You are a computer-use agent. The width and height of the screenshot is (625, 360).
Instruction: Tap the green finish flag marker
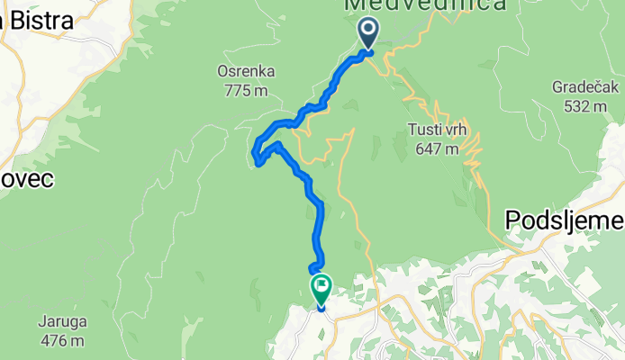[322, 289]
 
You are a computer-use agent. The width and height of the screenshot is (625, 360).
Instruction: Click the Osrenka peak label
[246, 72]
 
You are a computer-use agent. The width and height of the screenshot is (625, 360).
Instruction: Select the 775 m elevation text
[246, 90]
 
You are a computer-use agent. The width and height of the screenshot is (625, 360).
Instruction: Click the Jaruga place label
[62, 322]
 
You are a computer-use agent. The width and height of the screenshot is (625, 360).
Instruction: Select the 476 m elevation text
[62, 341]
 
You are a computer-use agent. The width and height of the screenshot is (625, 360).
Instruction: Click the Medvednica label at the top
[424, 6]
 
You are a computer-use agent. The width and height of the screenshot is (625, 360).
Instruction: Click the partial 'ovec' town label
[26, 179]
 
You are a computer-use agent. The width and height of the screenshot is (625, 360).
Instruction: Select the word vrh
[454, 130]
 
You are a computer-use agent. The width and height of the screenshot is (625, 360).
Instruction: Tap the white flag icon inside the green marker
[322, 286]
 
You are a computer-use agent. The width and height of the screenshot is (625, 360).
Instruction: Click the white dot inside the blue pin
[369, 30]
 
